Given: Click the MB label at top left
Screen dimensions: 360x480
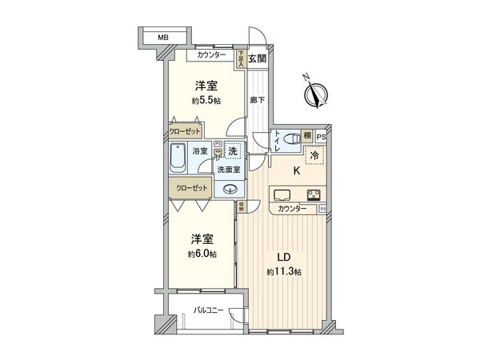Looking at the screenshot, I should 163,37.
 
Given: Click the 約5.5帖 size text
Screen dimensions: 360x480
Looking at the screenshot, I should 206,102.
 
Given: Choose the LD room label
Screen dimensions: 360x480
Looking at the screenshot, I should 283,258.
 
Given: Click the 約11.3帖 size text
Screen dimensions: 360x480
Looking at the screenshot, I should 283,273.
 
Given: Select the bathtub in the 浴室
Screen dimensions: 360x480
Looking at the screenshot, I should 178,156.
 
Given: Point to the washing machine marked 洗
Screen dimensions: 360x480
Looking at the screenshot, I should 232,150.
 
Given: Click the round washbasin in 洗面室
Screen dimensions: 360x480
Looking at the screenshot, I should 230,190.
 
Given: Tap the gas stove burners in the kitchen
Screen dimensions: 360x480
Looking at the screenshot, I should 312,194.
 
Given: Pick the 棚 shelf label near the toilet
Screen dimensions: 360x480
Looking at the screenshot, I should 307,137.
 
